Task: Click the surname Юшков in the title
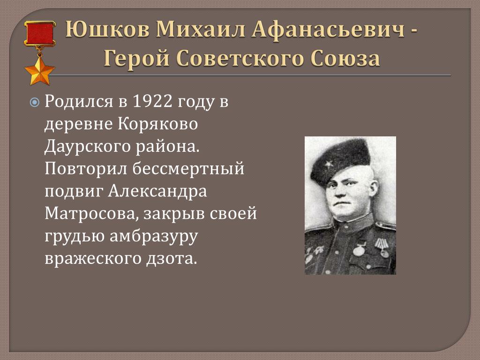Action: pos(107,30)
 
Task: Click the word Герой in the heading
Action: pos(136,58)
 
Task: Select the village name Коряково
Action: pos(158,124)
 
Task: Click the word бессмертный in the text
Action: pos(188,169)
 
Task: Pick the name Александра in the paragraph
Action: pos(157,191)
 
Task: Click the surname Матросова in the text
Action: pos(90,214)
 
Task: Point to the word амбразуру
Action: pos(154,236)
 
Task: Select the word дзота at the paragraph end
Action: pos(171,259)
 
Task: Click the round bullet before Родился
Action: pos(35,102)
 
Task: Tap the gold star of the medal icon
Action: pos(39,71)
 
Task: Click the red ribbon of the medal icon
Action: pos(40,34)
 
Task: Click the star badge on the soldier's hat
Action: pos(329,164)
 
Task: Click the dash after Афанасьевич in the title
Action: pos(412,32)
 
